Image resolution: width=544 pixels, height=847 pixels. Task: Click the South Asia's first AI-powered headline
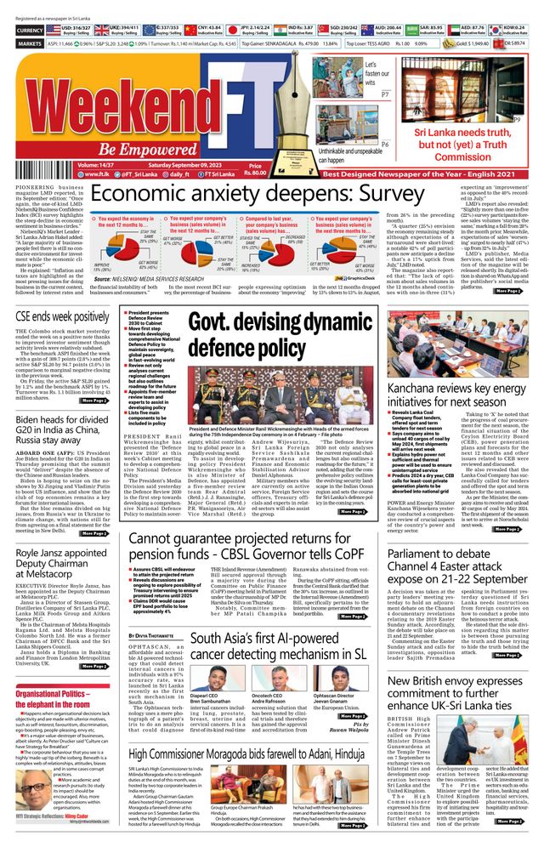[x=278, y=645]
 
